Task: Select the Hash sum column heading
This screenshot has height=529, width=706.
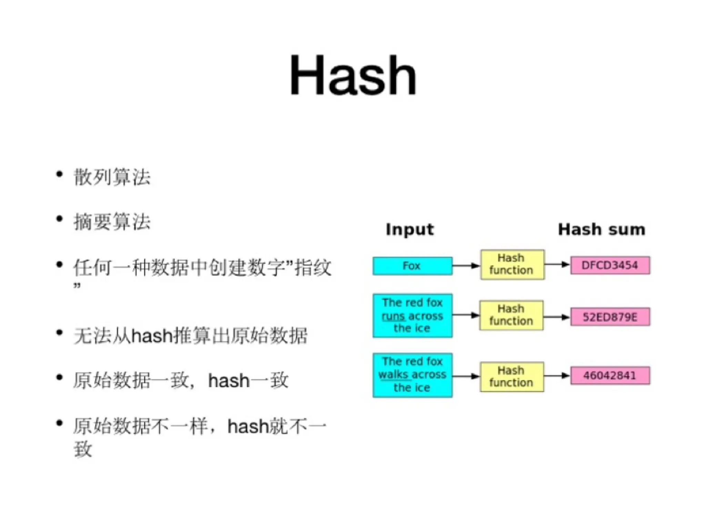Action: click(x=602, y=229)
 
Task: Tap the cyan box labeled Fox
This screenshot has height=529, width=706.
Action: click(x=412, y=266)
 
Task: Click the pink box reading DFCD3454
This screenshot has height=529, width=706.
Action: click(x=610, y=265)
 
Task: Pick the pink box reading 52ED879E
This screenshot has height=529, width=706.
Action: click(x=610, y=317)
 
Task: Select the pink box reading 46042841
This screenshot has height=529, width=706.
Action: click(x=610, y=375)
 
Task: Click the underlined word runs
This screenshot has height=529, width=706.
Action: click(x=393, y=316)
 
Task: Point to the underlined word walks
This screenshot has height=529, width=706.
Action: click(x=393, y=375)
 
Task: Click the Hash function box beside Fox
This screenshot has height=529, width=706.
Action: click(x=512, y=265)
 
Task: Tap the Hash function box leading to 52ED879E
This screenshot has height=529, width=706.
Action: click(x=511, y=315)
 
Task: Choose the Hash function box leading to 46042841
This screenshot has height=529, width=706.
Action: click(x=512, y=376)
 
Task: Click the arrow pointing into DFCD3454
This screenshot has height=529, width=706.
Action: click(x=557, y=265)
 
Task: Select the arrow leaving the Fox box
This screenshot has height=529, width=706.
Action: click(x=466, y=266)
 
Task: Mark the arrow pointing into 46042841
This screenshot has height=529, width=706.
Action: click(x=557, y=376)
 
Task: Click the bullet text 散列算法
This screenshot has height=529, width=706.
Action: click(x=112, y=177)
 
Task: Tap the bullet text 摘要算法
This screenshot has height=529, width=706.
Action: click(x=112, y=222)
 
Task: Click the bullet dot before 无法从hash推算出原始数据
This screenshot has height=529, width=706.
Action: click(x=59, y=333)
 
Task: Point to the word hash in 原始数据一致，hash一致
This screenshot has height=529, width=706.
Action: click(x=229, y=381)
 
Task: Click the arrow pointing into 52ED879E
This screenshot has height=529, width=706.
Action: click(x=556, y=317)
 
